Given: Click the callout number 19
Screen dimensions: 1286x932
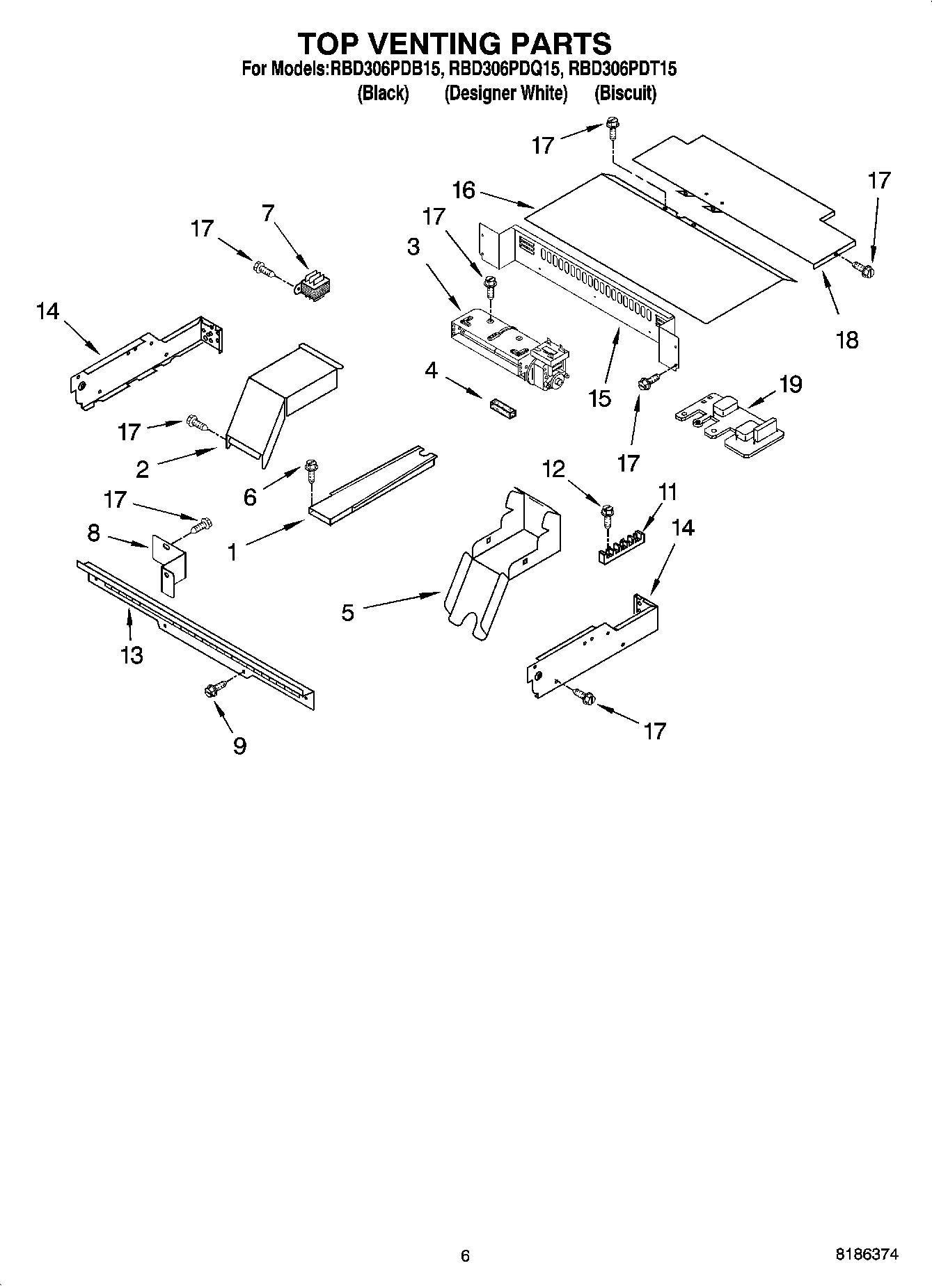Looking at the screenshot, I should coord(791,383).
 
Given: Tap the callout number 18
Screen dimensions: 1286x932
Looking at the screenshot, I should coord(847,340).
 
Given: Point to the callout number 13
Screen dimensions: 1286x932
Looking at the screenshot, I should coord(132,654).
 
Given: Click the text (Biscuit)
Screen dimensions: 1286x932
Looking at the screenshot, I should coord(625,93).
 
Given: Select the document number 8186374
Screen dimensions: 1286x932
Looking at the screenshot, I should coord(867,1255).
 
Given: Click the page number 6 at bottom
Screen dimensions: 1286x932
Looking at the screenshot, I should coord(465,1255).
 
